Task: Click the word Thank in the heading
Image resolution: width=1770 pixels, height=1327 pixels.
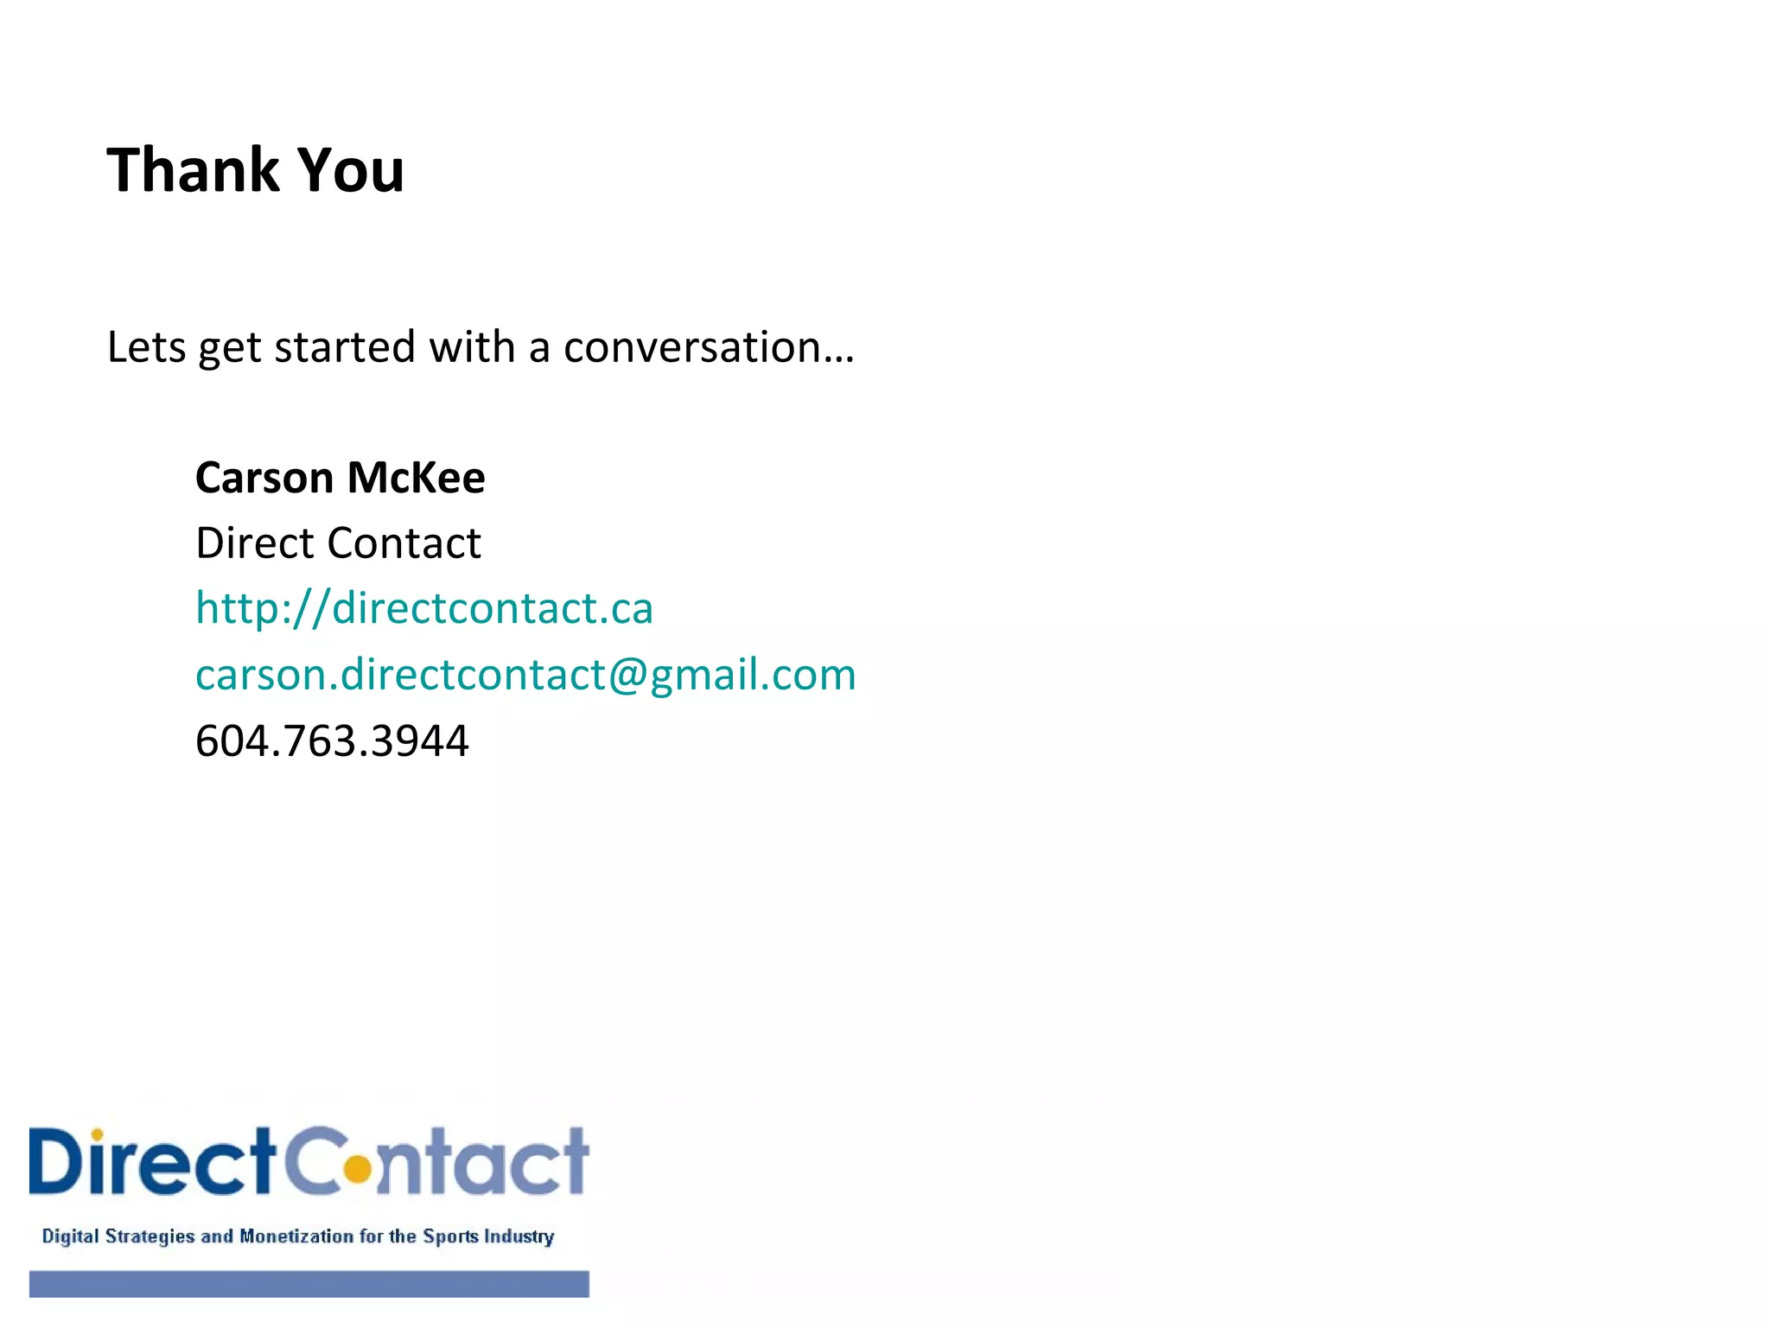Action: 193,170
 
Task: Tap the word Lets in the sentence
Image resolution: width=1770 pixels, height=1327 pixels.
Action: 146,347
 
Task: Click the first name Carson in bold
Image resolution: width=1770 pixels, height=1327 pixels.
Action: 264,478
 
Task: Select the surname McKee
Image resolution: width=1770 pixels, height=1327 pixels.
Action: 416,478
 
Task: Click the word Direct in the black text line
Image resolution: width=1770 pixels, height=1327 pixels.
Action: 255,543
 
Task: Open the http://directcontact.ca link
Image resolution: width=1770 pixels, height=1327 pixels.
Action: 424,608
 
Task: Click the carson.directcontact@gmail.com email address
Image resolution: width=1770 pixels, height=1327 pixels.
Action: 525,675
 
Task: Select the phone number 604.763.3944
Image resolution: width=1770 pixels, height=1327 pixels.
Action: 332,741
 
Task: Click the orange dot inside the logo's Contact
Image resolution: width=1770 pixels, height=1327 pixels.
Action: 356,1170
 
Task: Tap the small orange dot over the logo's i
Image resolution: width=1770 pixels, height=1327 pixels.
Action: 98,1134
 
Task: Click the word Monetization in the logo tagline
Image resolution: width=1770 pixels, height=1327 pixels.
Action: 296,1236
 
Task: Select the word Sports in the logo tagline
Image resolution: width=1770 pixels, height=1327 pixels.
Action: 449,1236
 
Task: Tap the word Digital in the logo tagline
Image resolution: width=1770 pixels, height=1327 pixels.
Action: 71,1236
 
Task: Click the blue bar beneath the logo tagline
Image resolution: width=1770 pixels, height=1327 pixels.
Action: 309,1284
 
